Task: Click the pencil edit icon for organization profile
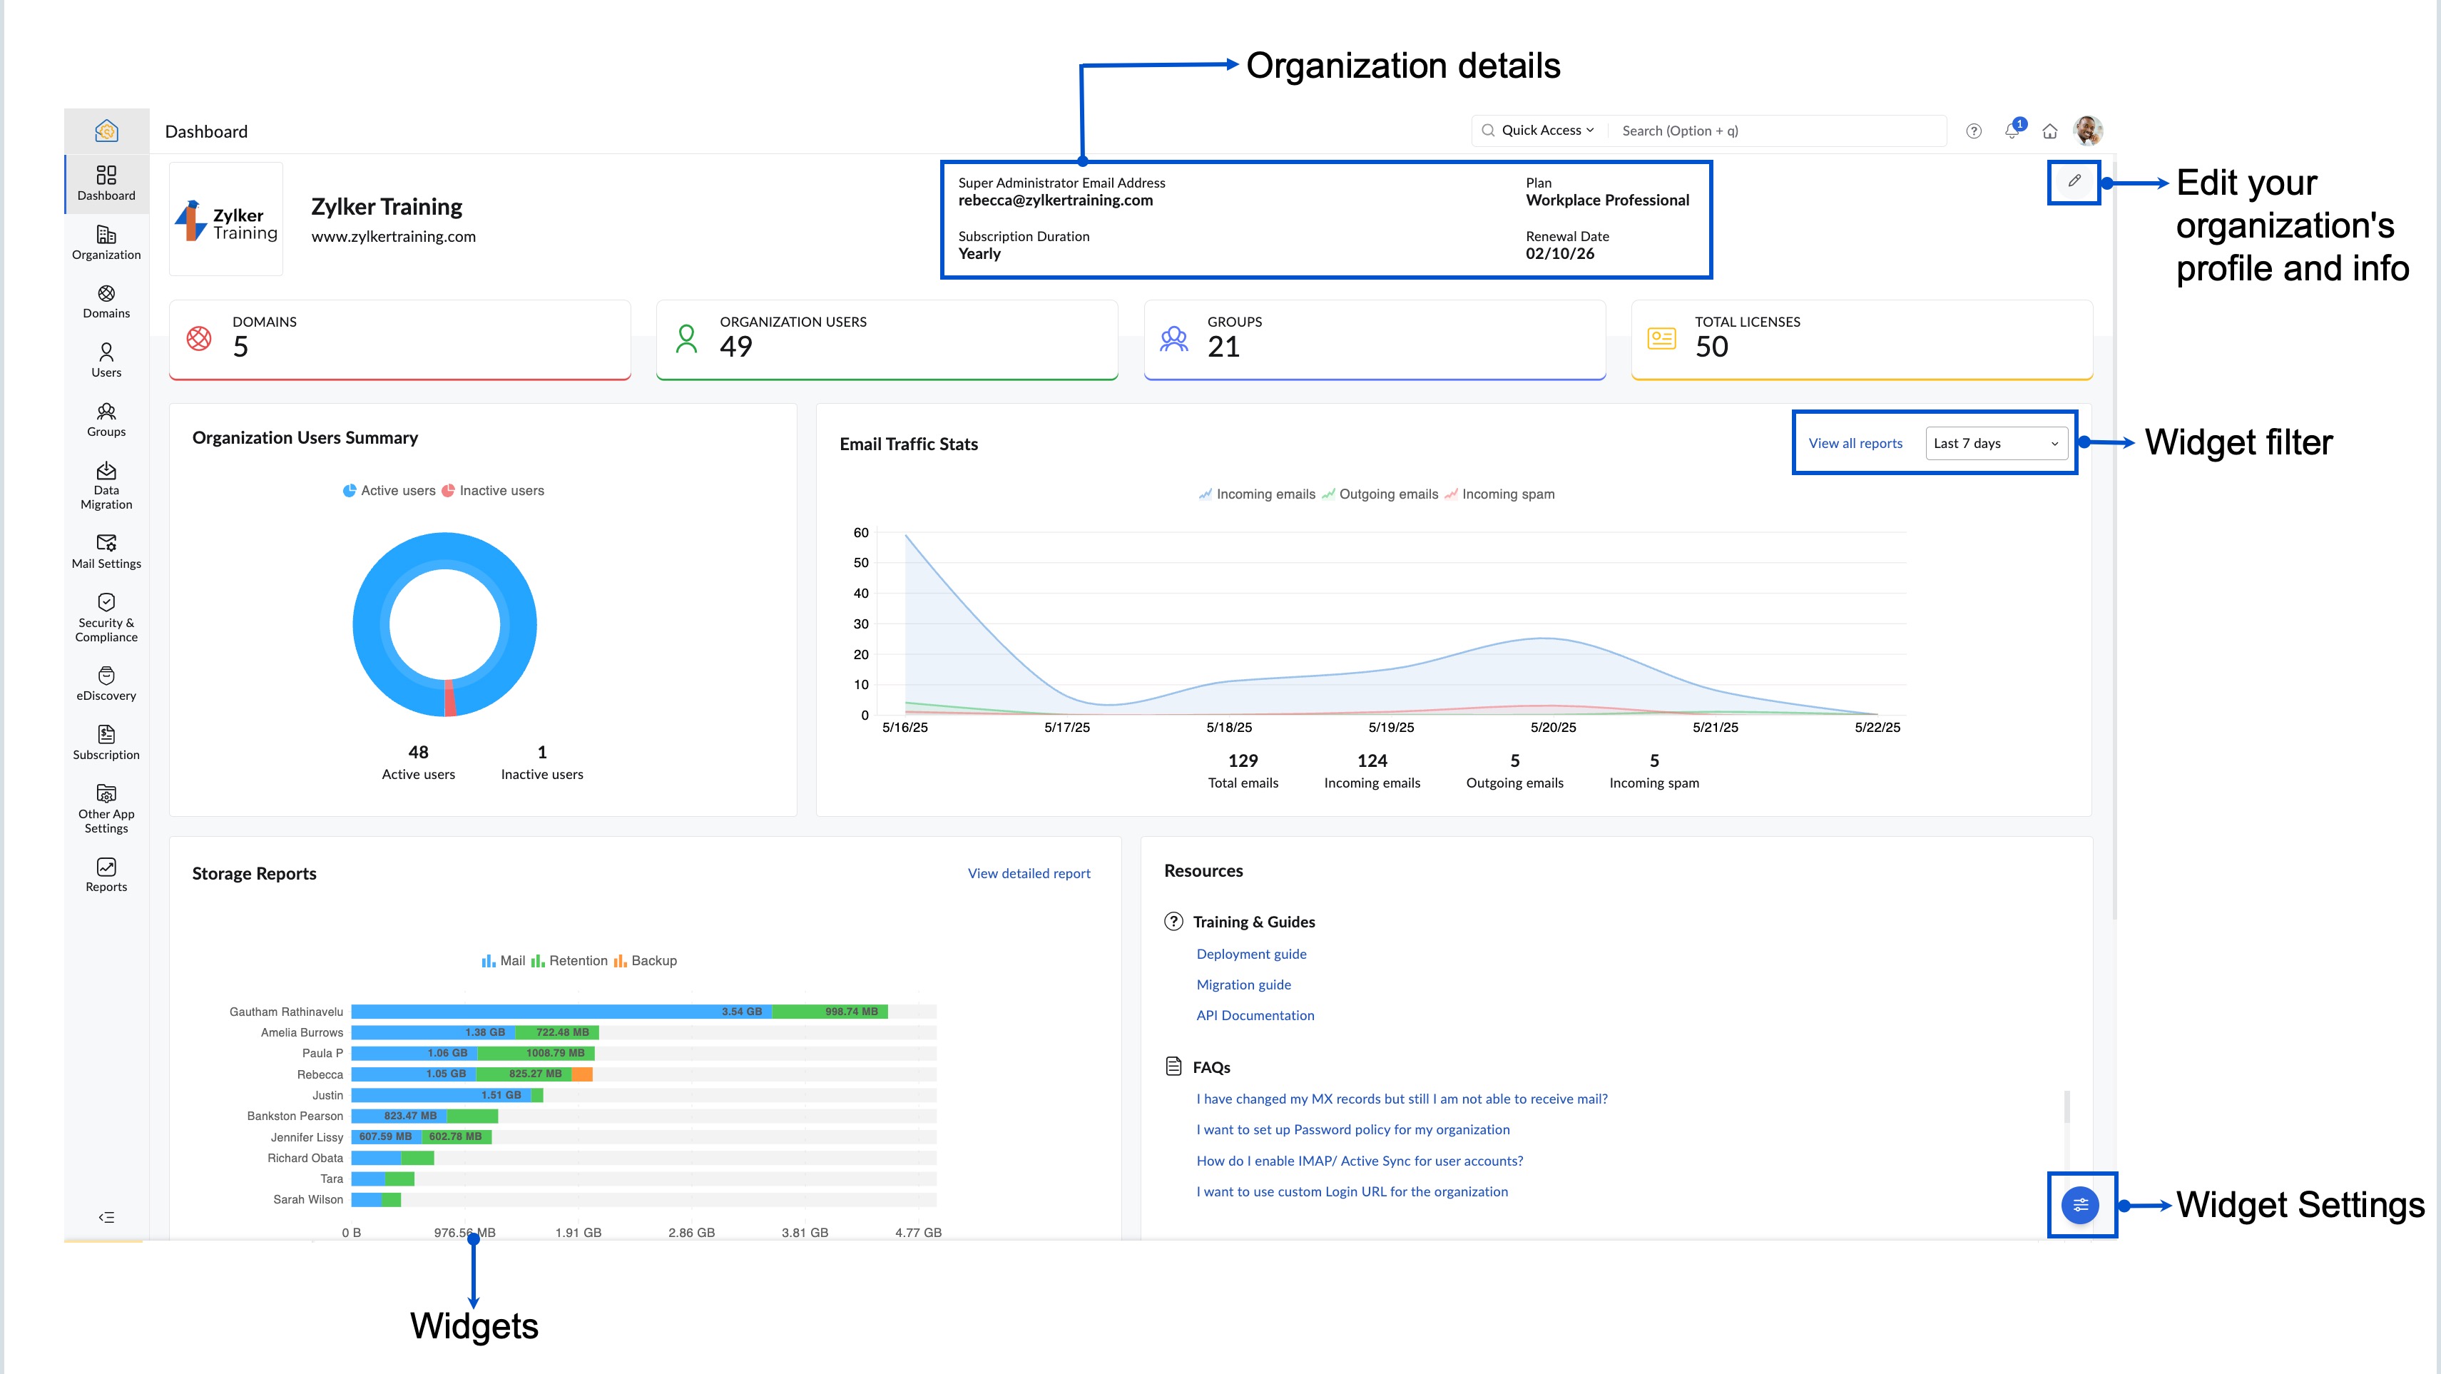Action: coord(2074,181)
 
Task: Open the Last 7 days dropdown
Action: coord(1994,444)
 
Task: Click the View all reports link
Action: coord(1855,444)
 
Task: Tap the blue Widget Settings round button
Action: coord(2080,1206)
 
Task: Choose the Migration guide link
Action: coord(1243,984)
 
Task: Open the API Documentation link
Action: coord(1255,1015)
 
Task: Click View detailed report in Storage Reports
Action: coord(1028,874)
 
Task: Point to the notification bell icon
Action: coord(2012,131)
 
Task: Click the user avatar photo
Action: coord(2088,131)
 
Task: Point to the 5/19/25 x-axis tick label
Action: coord(1391,728)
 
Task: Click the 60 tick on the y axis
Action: coord(860,532)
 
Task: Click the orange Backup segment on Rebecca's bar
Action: coord(582,1074)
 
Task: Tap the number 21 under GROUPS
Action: coord(1223,347)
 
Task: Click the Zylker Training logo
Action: coord(226,220)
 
